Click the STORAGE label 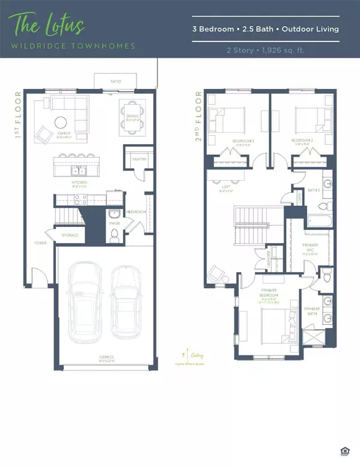pyautogui.click(x=70, y=235)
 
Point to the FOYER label pyautogui.click(x=40, y=243)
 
